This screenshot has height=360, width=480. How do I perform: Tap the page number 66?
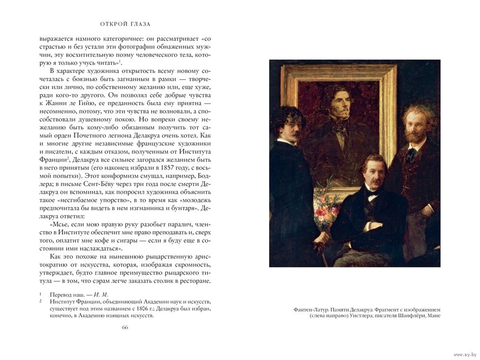[x=125, y=327]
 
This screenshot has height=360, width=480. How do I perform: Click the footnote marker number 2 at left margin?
[x=41, y=301]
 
